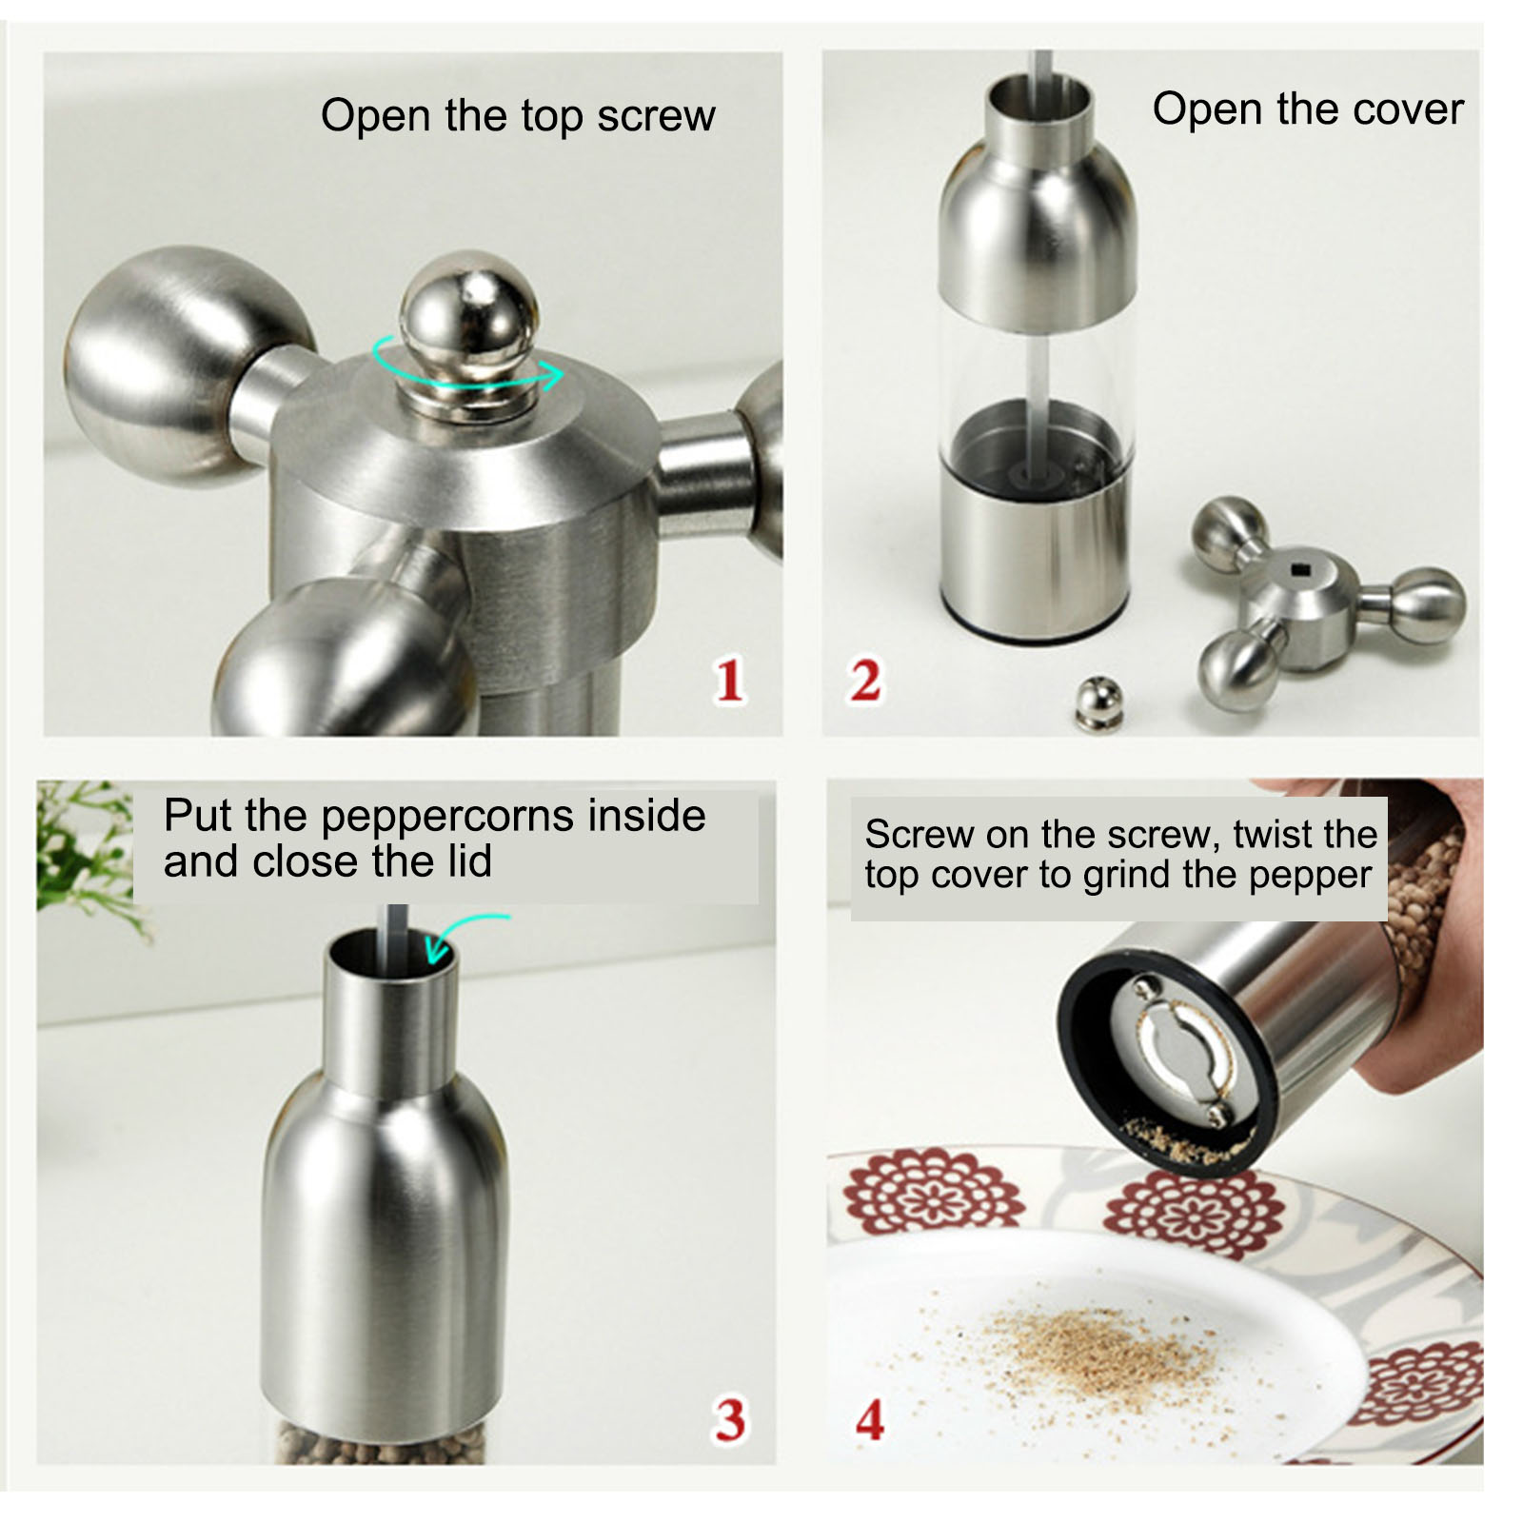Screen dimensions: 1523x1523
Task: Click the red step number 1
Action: pyautogui.click(x=729, y=680)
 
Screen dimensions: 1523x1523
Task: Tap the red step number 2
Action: pyautogui.click(x=864, y=680)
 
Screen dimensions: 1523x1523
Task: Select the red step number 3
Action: pyautogui.click(x=730, y=1420)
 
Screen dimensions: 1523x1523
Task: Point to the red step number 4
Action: pyautogui.click(x=869, y=1420)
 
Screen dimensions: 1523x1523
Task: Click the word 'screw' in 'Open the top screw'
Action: pyautogui.click(x=656, y=116)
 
